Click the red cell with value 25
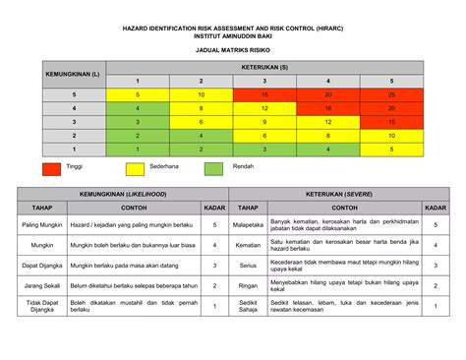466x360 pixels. coord(392,94)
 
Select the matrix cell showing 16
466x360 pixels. coord(328,108)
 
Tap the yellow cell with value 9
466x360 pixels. coord(264,122)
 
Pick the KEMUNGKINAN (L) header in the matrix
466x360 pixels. coord(71,74)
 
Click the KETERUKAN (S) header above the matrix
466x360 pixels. coord(264,67)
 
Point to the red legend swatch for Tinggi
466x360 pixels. coord(52,168)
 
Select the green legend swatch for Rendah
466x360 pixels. coord(213,168)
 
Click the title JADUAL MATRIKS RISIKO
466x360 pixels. coord(233,48)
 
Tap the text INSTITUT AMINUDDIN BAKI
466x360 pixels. coord(233,36)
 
